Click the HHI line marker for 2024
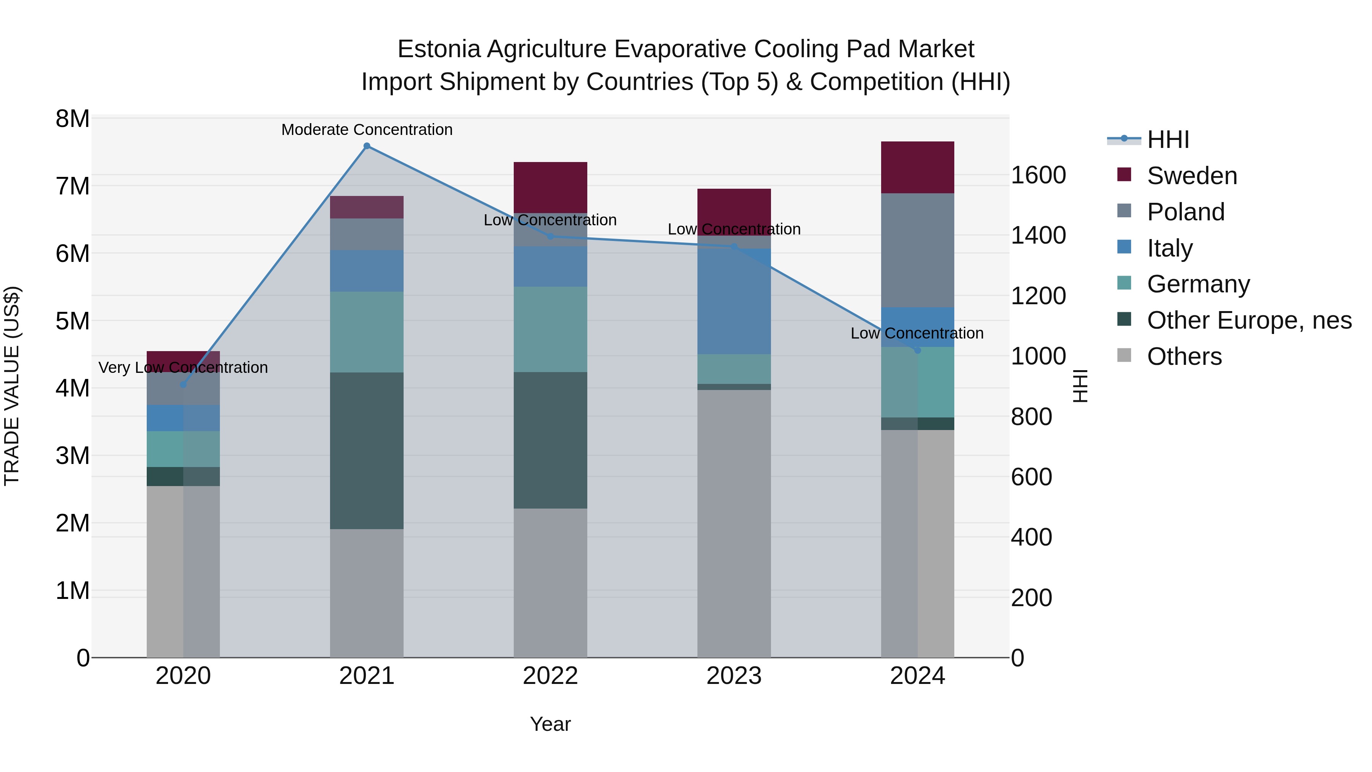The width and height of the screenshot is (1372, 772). click(x=917, y=350)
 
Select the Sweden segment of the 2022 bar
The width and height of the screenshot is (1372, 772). click(x=550, y=187)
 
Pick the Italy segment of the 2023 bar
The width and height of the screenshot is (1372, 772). click(x=734, y=301)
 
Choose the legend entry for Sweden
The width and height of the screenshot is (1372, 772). click(x=1191, y=176)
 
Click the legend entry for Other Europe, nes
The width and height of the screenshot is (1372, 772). click(x=1249, y=320)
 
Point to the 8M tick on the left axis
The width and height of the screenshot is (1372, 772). click(x=72, y=119)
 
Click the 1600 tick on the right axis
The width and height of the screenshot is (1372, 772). click(x=1038, y=175)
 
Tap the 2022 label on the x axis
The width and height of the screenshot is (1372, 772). click(x=550, y=676)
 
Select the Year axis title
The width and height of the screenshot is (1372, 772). click(x=550, y=724)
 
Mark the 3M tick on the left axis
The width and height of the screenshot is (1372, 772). click(x=72, y=456)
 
